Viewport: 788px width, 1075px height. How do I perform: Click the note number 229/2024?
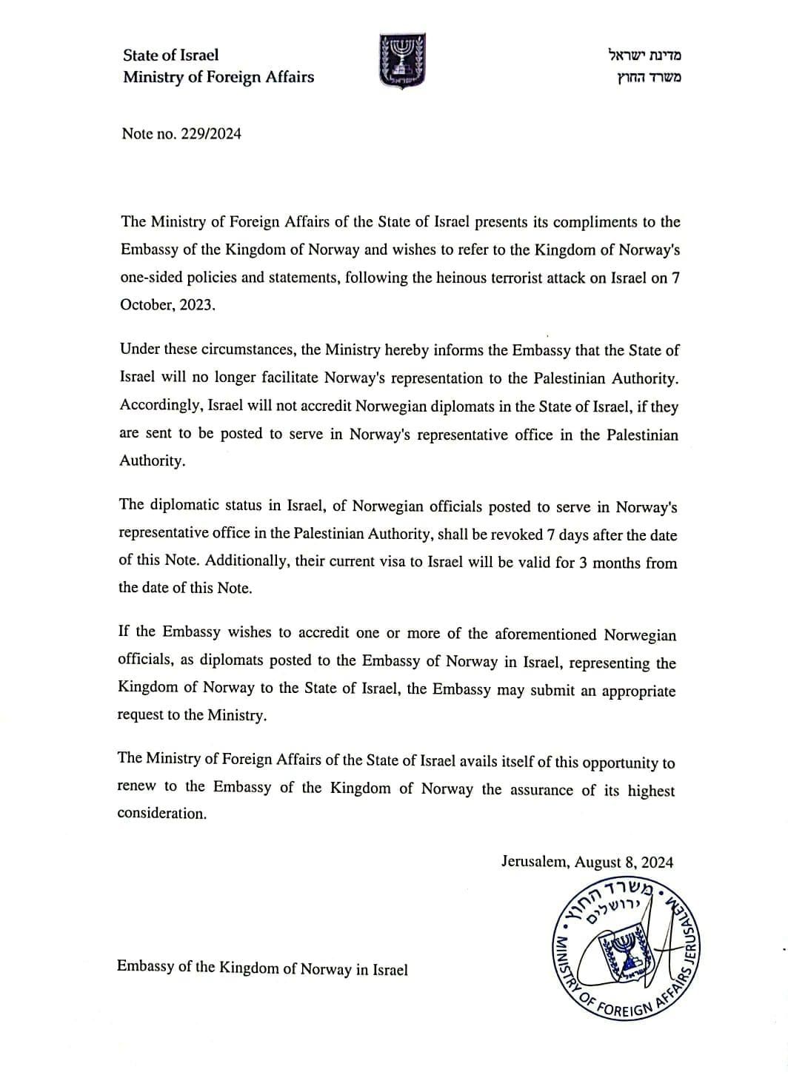click(x=211, y=134)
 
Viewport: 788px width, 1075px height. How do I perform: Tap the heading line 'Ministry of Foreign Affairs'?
click(x=218, y=77)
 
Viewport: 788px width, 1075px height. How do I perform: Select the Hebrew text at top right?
click(x=644, y=66)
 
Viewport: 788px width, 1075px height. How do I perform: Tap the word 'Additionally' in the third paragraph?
click(x=246, y=560)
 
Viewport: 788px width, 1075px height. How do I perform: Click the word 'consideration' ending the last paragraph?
click(x=161, y=813)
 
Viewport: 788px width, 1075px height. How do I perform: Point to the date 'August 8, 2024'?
click(x=624, y=862)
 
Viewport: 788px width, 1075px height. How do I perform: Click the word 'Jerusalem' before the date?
click(x=534, y=862)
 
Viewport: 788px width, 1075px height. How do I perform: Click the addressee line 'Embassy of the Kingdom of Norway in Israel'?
click(x=262, y=968)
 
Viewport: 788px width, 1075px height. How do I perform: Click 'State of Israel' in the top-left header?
click(x=171, y=55)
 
